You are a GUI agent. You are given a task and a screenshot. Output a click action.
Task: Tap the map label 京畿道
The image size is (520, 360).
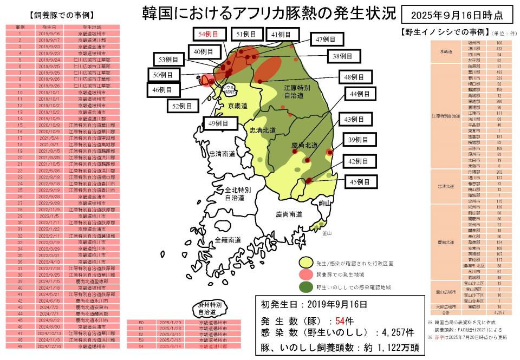tap(237, 106)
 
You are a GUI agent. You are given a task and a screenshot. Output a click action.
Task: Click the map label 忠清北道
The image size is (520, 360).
tap(262, 130)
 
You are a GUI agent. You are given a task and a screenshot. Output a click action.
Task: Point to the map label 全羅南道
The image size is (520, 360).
tap(228, 239)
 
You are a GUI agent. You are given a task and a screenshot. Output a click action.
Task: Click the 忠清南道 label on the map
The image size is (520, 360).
tap(223, 154)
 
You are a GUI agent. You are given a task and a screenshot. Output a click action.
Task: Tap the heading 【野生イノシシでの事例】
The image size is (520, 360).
tap(446, 32)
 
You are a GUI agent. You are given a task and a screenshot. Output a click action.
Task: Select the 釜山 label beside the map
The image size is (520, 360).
tap(326, 234)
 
